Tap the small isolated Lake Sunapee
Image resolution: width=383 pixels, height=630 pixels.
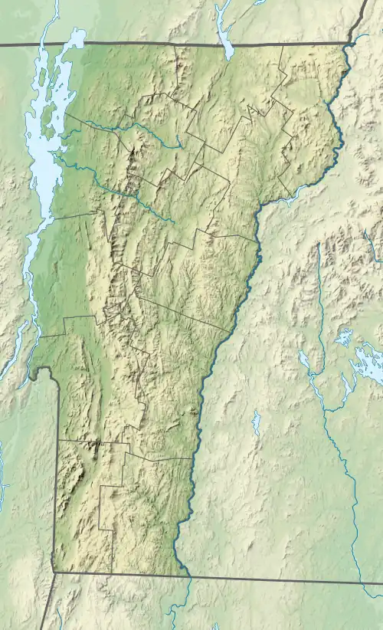coord(257,422)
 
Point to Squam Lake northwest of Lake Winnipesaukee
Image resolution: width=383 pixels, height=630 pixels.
coord(343,337)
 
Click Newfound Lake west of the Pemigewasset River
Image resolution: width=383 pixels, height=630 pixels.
coord(304,359)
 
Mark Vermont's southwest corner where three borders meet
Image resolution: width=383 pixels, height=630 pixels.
coord(54,571)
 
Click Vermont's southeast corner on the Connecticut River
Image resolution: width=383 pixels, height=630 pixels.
coord(187,575)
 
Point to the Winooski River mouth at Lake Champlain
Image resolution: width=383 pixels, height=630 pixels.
coord(60,162)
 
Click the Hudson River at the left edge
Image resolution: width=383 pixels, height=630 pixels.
coord(2,475)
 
